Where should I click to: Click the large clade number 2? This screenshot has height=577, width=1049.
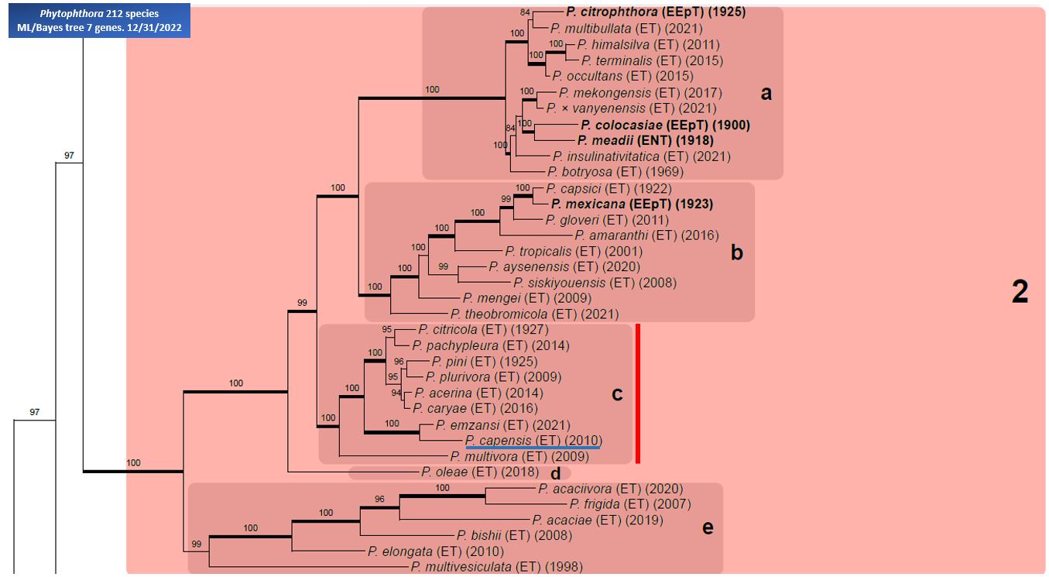[1020, 292]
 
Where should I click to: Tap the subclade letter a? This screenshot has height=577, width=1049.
[766, 93]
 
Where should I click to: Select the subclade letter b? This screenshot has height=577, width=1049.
[737, 252]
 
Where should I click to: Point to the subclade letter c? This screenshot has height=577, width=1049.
[617, 394]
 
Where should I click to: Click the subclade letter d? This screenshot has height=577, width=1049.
[555, 474]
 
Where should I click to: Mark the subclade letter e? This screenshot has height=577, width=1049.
[708, 528]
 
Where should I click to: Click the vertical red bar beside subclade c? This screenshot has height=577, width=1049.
[638, 393]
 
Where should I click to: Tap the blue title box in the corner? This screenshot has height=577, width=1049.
[99, 21]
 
